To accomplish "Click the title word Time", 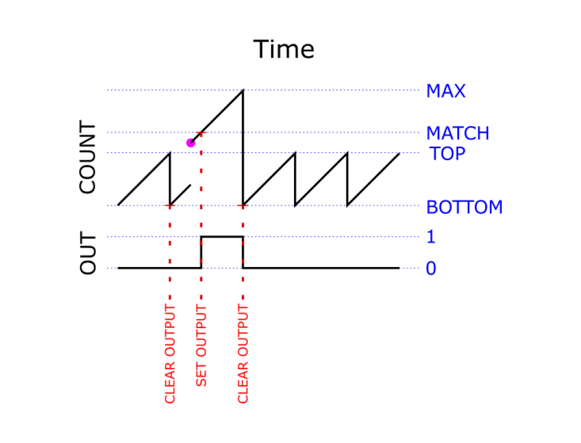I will [x=284, y=49].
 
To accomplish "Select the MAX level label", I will [x=446, y=91].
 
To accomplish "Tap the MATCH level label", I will [x=458, y=134].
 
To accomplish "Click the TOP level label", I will [x=447, y=154].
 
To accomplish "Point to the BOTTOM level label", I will [x=464, y=207].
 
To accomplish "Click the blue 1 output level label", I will [x=431, y=237].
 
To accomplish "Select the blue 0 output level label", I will [x=431, y=269].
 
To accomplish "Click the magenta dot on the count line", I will [x=190, y=143].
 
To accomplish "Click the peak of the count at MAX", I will [x=242, y=90].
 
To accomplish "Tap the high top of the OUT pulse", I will [x=222, y=237].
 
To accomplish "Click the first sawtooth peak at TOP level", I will [x=170, y=153].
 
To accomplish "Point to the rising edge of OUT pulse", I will [x=201, y=253].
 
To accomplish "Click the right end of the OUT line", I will [x=399, y=268].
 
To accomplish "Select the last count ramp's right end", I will [x=399, y=153].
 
